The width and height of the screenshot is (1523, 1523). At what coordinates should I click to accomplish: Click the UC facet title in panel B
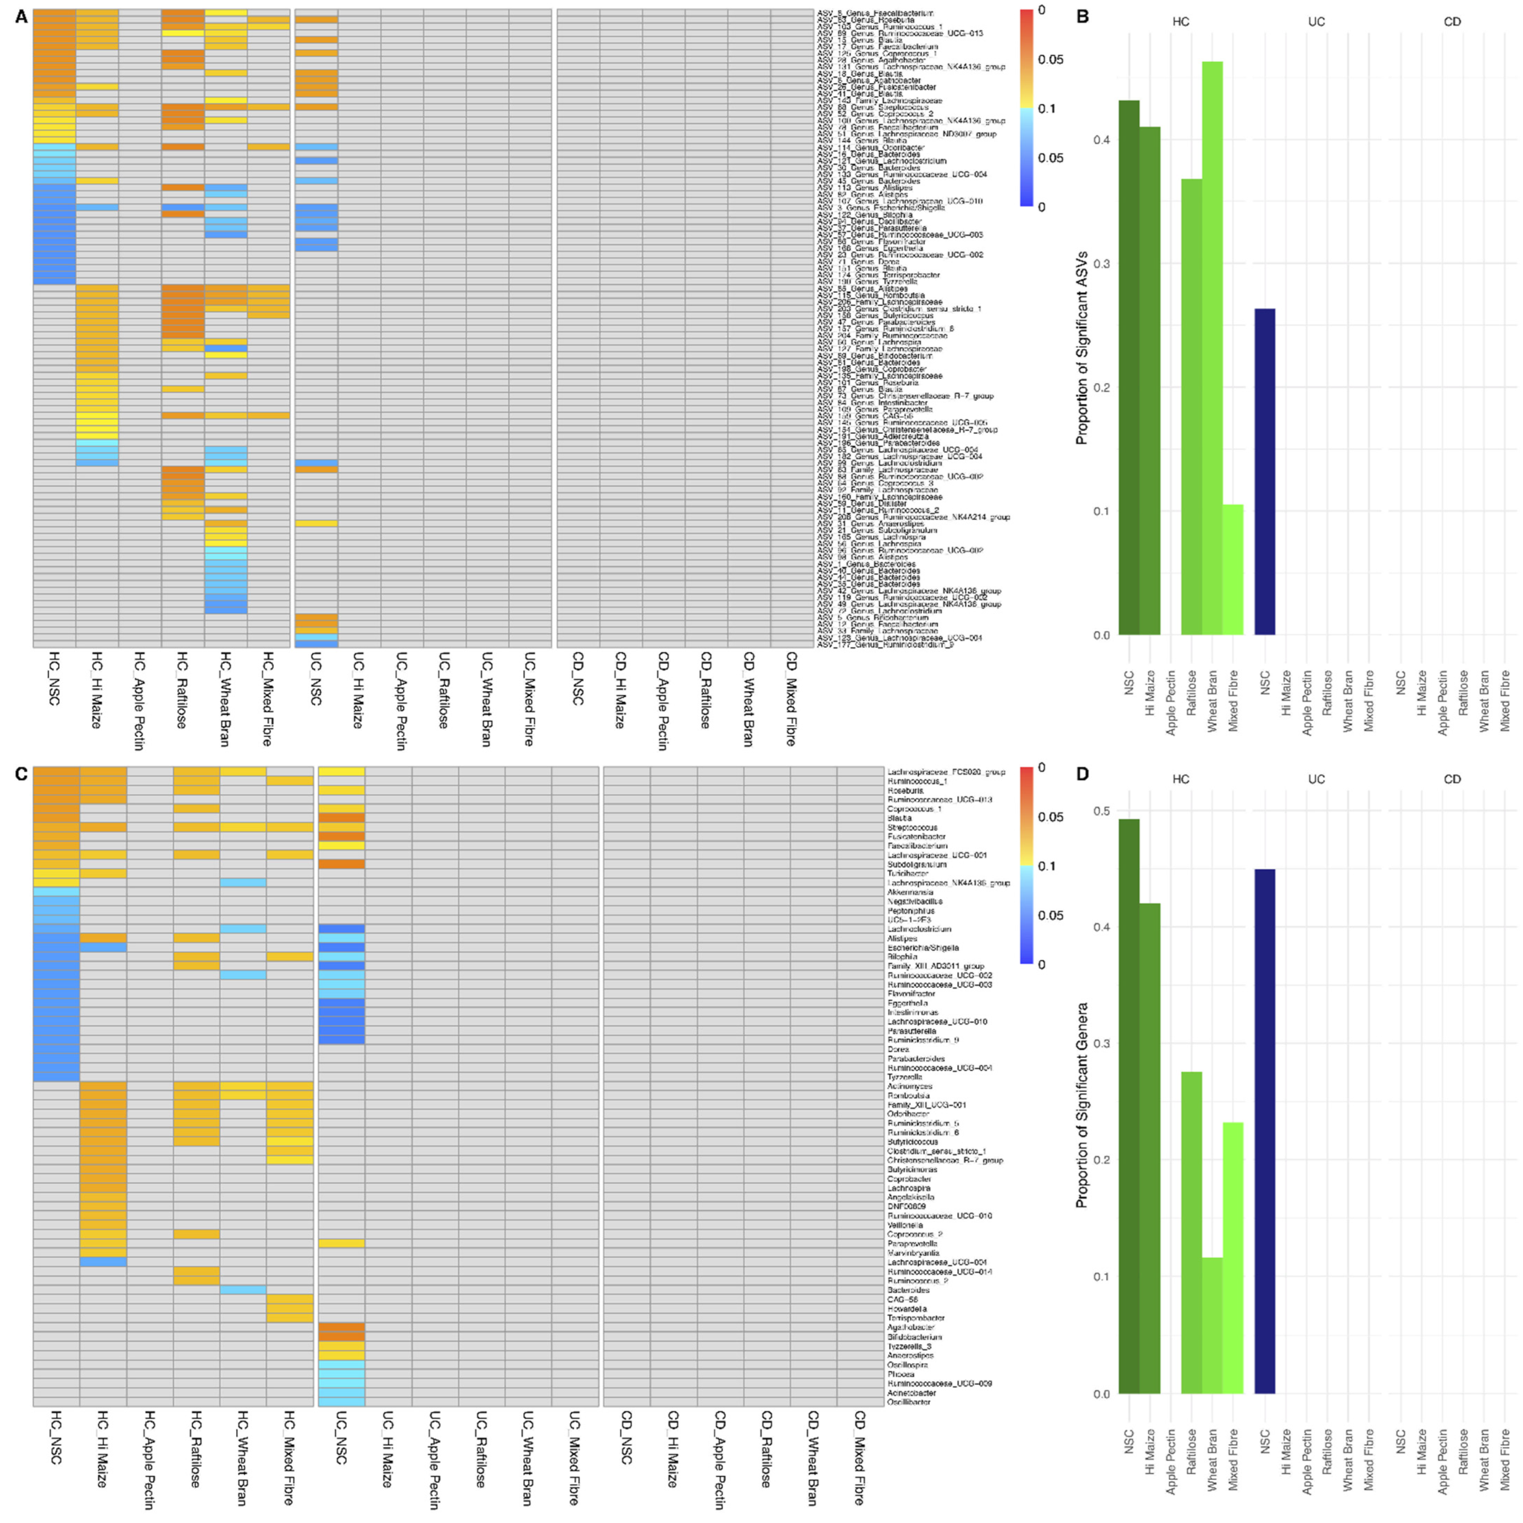pyautogui.click(x=1317, y=22)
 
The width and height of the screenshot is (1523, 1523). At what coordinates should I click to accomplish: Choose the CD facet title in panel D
pyautogui.click(x=1452, y=779)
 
